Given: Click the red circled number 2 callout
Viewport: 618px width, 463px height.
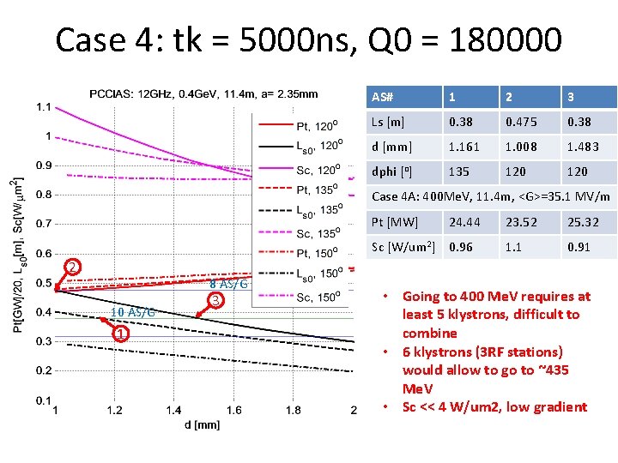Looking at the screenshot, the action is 72,268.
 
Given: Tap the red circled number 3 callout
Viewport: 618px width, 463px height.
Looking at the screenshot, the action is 215,301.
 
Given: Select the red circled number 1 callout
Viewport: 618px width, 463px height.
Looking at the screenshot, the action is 121,334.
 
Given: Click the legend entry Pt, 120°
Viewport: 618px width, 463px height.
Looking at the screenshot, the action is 300,125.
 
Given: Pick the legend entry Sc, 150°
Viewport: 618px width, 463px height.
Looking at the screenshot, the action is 300,297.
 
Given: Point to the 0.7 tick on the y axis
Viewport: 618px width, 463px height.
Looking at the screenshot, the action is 44,224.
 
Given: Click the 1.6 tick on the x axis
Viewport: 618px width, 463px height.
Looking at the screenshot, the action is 233,410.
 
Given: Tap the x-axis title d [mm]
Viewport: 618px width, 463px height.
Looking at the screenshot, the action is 202,425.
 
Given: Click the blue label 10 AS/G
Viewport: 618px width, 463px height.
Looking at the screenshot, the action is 133,313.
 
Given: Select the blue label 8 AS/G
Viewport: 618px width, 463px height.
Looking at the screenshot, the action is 228,284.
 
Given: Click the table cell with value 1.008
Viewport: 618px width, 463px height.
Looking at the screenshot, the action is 521,147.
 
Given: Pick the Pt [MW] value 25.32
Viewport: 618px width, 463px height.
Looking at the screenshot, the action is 583,222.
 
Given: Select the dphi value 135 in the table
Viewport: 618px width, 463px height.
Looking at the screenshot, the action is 458,171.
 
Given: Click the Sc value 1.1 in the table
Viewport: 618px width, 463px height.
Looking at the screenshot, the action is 513,247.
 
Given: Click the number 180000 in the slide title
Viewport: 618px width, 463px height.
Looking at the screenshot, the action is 506,39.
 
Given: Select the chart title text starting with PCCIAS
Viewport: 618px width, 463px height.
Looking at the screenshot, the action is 203,94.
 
